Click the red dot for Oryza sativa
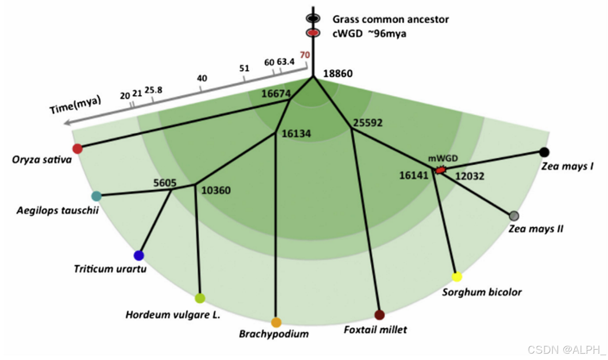click(77, 148)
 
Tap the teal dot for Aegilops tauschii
click(96, 196)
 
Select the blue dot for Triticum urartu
click(139, 255)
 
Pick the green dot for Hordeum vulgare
click(200, 298)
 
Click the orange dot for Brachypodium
click(276, 322)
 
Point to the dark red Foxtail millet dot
click(380, 315)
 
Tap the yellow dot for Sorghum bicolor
click(457, 277)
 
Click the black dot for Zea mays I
click(544, 152)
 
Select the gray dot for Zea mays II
click(514, 216)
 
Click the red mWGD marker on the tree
click(441, 170)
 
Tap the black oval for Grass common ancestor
click(313, 18)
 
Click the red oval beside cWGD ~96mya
click(313, 33)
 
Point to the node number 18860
click(338, 74)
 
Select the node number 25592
click(367, 122)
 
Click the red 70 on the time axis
click(305, 55)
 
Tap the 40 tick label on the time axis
click(202, 78)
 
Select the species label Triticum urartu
click(110, 269)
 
